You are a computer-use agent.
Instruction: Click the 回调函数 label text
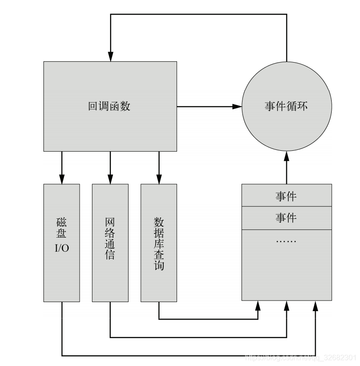109,106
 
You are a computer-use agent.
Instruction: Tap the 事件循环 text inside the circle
286,106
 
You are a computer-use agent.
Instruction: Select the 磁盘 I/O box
62,243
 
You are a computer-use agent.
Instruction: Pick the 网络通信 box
110,243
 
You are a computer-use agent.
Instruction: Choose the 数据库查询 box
159,243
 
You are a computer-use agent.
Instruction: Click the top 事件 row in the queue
286,196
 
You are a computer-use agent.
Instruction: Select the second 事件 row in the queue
286,218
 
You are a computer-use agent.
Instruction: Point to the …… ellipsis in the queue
286,240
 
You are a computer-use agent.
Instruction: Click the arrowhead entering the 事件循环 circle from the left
236,106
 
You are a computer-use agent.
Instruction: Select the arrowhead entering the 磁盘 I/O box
62,179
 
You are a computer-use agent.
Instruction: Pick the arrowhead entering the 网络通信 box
110,179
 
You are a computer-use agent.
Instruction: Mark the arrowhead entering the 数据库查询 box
159,179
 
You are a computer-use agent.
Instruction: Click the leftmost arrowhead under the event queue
258,306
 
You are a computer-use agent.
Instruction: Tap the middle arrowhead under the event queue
286,306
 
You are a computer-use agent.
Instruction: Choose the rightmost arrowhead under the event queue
315,306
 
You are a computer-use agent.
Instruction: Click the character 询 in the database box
159,265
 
